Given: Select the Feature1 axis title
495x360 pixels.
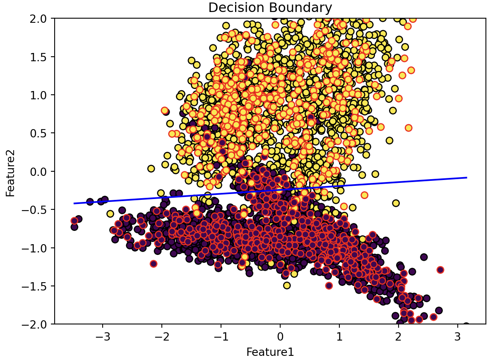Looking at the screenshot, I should (270, 352).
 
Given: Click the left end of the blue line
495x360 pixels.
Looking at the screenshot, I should (74, 203).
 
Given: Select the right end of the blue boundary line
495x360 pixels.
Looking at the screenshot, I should (466, 178).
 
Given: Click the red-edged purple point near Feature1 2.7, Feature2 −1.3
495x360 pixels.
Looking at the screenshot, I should (440, 270).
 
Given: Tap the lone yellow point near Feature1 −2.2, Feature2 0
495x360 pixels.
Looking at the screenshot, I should (151, 168).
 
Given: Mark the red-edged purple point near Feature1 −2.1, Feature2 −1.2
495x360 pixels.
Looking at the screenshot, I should (154, 264).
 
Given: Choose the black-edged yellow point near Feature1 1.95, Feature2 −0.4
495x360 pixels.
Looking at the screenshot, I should (396, 203).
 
